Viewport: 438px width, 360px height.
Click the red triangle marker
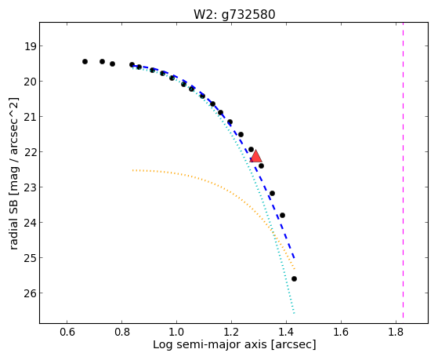pyautogui.click(x=255, y=156)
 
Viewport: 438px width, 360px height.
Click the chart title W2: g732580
pyautogui.click(x=234, y=15)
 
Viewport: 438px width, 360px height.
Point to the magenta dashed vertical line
pyautogui.click(x=403, y=170)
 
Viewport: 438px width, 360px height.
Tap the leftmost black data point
pyautogui.click(x=85, y=61)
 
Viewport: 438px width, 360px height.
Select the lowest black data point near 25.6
pyautogui.click(x=294, y=279)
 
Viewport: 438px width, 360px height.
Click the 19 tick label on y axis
pyautogui.click(x=30, y=46)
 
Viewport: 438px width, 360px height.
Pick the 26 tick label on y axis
pyautogui.click(x=30, y=293)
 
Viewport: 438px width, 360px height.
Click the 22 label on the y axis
pyautogui.click(x=30, y=152)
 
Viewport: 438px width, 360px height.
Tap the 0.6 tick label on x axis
pyautogui.click(x=67, y=332)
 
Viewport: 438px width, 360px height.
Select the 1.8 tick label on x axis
pyautogui.click(x=396, y=332)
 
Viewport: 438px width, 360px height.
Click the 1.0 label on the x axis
pyautogui.click(x=176, y=332)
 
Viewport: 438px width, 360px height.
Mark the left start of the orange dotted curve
pyautogui.click(x=132, y=170)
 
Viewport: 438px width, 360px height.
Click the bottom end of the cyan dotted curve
pyautogui.click(x=294, y=313)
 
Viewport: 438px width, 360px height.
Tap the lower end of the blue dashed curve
pyautogui.click(x=295, y=258)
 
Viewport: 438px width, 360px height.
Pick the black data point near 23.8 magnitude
pyautogui.click(x=282, y=215)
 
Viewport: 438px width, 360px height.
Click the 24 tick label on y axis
pyautogui.click(x=30, y=223)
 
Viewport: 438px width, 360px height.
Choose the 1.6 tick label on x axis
pyautogui.click(x=342, y=332)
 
